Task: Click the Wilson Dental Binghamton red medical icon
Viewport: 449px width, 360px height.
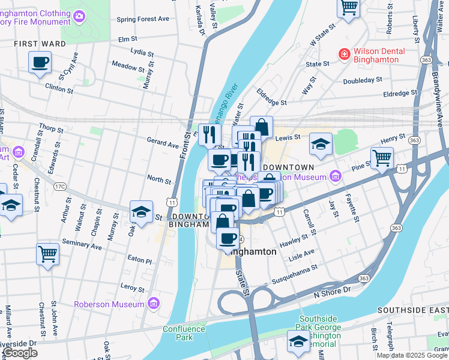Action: click(x=345, y=55)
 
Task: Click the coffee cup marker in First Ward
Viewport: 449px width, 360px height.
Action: click(x=40, y=62)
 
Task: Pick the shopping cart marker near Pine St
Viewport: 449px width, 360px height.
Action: click(x=382, y=159)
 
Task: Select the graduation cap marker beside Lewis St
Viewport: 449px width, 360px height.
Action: click(x=321, y=144)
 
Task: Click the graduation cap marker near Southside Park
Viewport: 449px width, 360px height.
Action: click(x=298, y=341)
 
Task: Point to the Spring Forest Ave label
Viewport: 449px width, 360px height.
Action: click(x=143, y=19)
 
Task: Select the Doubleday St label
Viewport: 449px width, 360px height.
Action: click(x=363, y=80)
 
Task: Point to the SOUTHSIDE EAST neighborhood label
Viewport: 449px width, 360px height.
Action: click(x=412, y=310)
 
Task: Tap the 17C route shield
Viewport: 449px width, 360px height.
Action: click(x=60, y=187)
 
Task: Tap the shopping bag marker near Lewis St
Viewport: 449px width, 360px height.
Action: click(x=261, y=127)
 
